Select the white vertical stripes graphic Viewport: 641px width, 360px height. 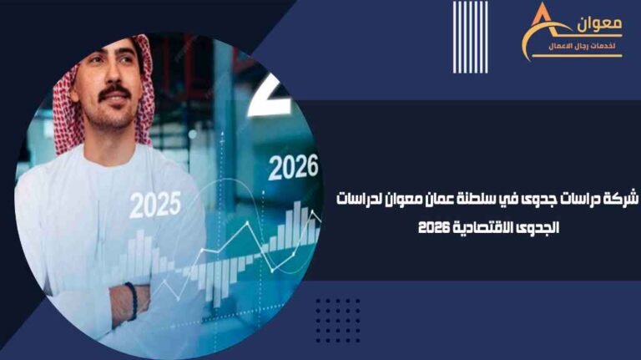pos(470,38)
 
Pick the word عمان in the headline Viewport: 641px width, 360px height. pos(446,200)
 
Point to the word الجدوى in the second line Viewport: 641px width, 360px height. pos(539,226)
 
